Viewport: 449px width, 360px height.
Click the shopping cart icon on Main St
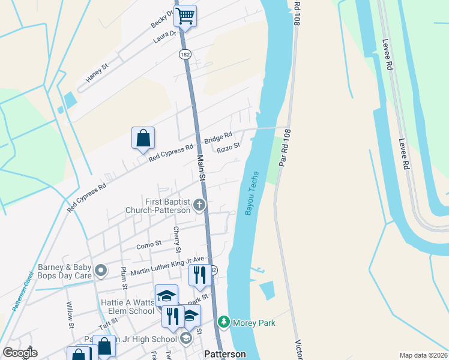[x=185, y=16]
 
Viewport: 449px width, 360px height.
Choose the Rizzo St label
[x=228, y=148]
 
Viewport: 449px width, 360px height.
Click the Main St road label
[x=201, y=170]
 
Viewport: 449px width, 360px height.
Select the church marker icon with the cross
[x=199, y=206]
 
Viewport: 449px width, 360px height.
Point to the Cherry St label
[x=177, y=239]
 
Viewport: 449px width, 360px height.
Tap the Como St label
[x=149, y=244]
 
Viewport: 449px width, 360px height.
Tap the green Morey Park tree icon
[x=224, y=323]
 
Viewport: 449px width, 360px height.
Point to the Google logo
[x=20, y=353]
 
